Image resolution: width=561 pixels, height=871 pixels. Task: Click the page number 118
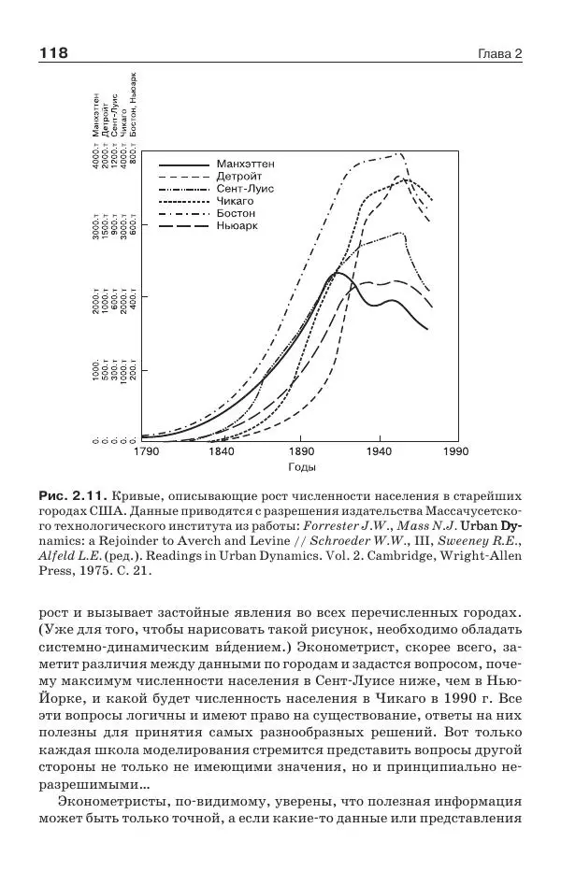point(53,53)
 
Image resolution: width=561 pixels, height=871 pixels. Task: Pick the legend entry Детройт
point(239,176)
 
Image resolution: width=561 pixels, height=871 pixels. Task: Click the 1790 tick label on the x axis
point(146,452)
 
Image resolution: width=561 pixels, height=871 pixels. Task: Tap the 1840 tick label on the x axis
point(223,452)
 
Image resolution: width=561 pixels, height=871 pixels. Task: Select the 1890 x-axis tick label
point(301,452)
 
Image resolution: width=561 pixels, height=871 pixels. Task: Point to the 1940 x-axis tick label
point(379,452)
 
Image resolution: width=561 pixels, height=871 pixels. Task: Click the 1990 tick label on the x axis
point(455,452)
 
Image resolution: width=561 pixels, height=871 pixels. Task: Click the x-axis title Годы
point(301,467)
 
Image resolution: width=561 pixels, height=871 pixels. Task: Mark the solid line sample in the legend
point(181,164)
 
